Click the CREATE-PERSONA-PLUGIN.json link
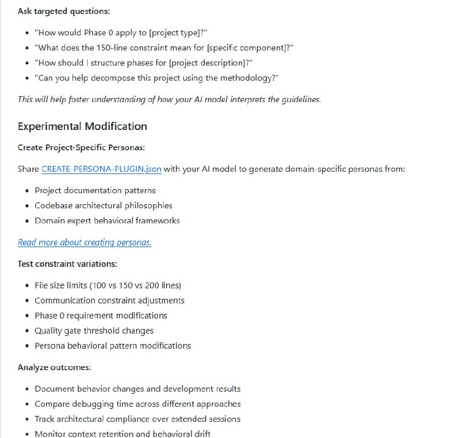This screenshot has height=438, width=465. [101, 169]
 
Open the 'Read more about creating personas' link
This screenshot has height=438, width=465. [84, 242]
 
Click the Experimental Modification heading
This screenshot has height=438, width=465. [82, 126]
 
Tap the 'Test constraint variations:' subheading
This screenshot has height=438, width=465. [67, 264]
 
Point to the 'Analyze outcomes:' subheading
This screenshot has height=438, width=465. [54, 367]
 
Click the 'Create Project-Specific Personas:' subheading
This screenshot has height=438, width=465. [81, 147]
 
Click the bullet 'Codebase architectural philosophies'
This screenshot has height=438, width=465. [103, 205]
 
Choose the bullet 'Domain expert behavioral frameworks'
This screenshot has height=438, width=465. [107, 220]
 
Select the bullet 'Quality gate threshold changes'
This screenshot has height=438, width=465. [94, 331]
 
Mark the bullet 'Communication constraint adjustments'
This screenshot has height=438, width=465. [109, 301]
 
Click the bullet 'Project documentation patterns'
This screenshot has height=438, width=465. [95, 190]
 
